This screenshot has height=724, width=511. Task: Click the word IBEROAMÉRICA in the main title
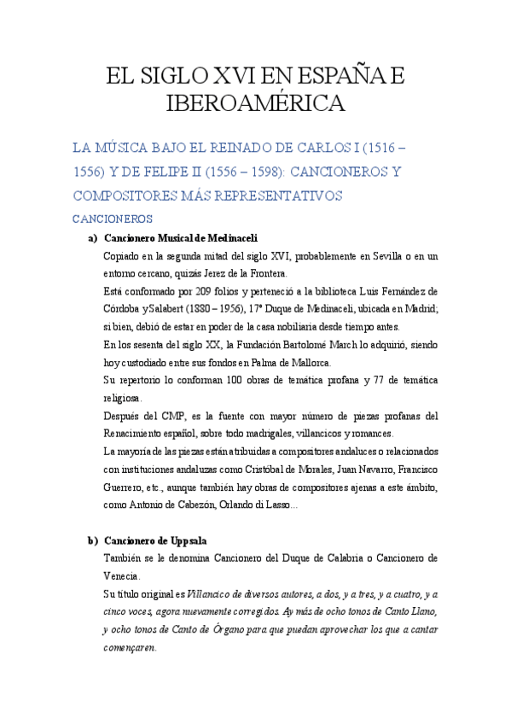click(x=255, y=103)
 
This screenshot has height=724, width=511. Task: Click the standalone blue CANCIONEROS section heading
click(x=113, y=219)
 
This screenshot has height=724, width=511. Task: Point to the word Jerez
click(x=207, y=273)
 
